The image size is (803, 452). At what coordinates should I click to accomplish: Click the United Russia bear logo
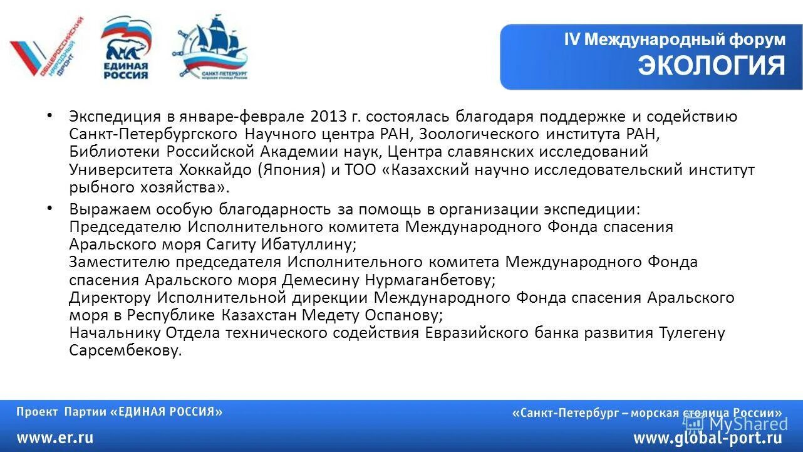(x=125, y=49)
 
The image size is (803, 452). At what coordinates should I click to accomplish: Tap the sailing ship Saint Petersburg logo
(x=211, y=47)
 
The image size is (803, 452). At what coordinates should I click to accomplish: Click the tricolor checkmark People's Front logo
(x=47, y=48)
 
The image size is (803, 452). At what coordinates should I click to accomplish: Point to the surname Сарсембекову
(x=125, y=350)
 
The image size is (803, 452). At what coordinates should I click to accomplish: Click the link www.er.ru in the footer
(x=55, y=438)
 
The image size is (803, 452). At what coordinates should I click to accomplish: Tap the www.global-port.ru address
(x=708, y=438)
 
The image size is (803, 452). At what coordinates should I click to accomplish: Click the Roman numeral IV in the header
(x=572, y=39)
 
